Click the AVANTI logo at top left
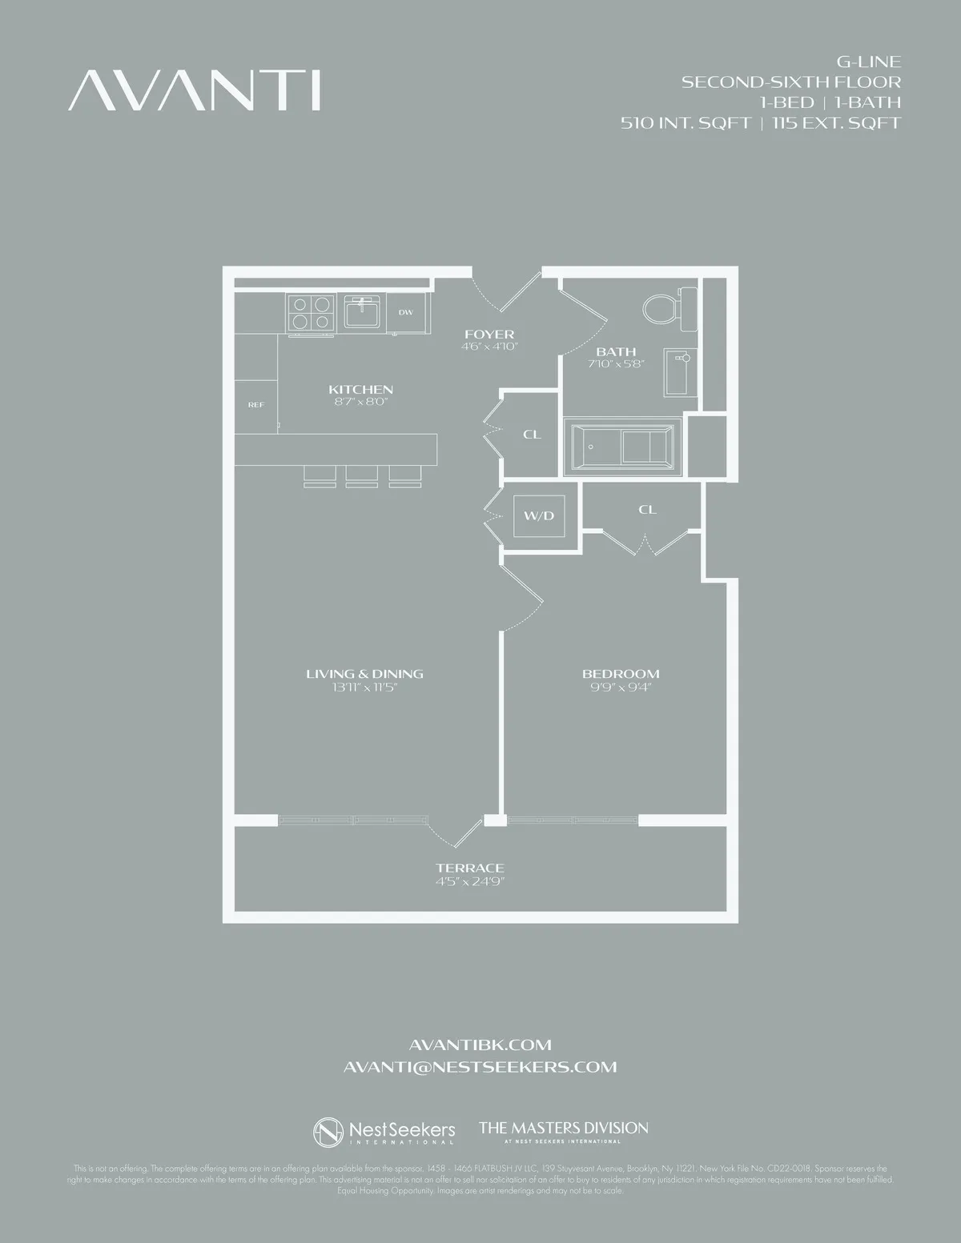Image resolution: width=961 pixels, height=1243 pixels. (x=195, y=90)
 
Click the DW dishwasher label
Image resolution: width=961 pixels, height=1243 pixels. (x=406, y=312)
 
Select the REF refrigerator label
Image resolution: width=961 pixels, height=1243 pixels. (x=255, y=405)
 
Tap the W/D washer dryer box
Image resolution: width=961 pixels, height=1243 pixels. (x=539, y=515)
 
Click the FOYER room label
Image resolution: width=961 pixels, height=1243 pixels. (x=489, y=334)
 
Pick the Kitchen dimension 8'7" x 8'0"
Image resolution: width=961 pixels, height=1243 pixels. (x=360, y=402)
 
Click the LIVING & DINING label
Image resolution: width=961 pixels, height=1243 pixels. (x=364, y=674)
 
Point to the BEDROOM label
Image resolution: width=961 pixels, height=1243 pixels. (x=621, y=674)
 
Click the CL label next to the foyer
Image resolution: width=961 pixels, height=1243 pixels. (x=532, y=435)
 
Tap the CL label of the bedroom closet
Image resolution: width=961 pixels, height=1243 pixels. (x=648, y=509)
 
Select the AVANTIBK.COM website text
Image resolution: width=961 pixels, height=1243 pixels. (x=480, y=1045)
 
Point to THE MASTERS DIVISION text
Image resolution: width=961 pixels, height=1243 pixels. (x=564, y=1128)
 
